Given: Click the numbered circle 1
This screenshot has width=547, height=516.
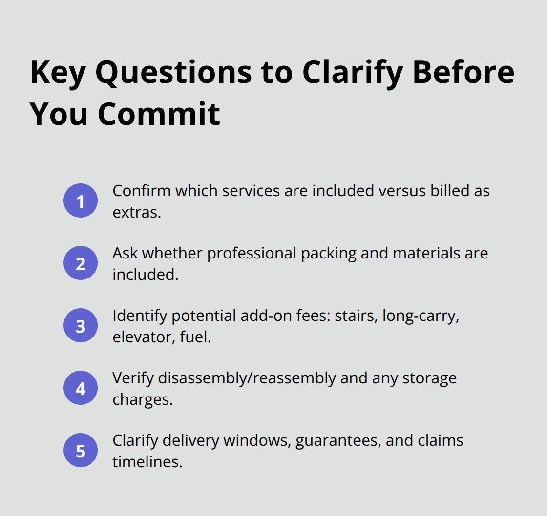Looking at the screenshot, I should [x=81, y=200].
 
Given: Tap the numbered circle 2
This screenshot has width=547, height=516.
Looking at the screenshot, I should [x=81, y=263].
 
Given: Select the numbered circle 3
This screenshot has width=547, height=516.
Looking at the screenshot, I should [x=81, y=325].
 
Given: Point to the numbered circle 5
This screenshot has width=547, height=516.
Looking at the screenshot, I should [x=81, y=450].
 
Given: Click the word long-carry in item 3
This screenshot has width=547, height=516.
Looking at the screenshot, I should [x=421, y=315].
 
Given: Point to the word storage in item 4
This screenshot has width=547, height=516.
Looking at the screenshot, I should [x=430, y=377].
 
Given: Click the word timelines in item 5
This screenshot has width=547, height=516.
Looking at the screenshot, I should [x=147, y=461].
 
